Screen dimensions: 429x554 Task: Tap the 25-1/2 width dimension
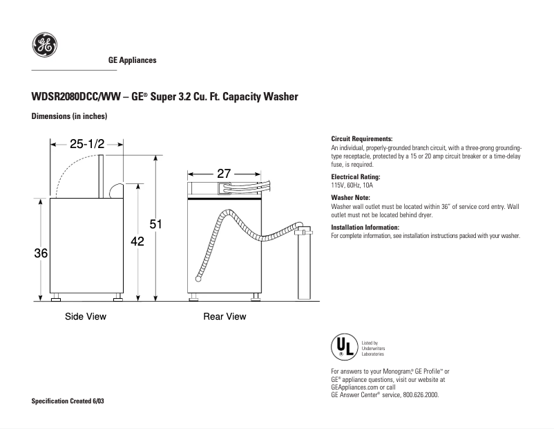point(86,145)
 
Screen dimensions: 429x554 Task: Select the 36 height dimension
point(41,254)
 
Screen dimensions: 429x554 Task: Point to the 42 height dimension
point(137,241)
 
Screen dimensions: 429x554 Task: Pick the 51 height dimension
point(156,224)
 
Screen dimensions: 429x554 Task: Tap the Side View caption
point(86,317)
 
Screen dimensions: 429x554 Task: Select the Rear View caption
point(225,317)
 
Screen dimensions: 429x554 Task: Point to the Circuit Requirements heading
point(362,139)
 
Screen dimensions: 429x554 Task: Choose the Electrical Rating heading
point(356,177)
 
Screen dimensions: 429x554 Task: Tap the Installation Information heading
point(365,228)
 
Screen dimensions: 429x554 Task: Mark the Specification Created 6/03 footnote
point(68,402)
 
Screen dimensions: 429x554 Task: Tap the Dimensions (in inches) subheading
point(69,116)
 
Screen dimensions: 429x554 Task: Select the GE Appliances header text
point(133,60)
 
